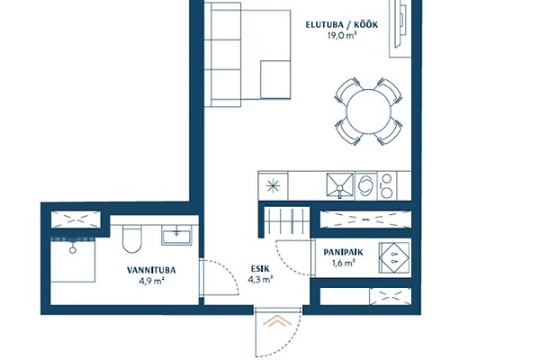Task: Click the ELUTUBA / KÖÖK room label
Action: click(x=342, y=25)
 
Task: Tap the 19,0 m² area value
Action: click(x=342, y=36)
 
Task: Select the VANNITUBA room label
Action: click(x=151, y=270)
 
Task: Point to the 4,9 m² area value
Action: click(x=151, y=281)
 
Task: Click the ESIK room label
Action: click(x=260, y=269)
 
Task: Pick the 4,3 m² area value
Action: click(x=260, y=279)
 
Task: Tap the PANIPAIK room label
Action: click(x=343, y=253)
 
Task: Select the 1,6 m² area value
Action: click(x=344, y=264)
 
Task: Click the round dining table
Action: click(x=368, y=112)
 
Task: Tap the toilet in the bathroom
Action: click(x=132, y=238)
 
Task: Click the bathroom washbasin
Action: click(x=176, y=236)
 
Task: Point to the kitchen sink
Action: click(x=340, y=186)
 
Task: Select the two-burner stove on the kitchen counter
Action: click(x=387, y=186)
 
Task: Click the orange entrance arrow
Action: click(x=277, y=321)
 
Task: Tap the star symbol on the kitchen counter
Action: click(x=273, y=186)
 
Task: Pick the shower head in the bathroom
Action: click(x=73, y=249)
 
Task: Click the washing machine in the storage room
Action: click(x=394, y=258)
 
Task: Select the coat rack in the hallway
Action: click(x=286, y=220)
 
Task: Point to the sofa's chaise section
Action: click(x=275, y=79)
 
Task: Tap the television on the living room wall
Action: click(x=401, y=24)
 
